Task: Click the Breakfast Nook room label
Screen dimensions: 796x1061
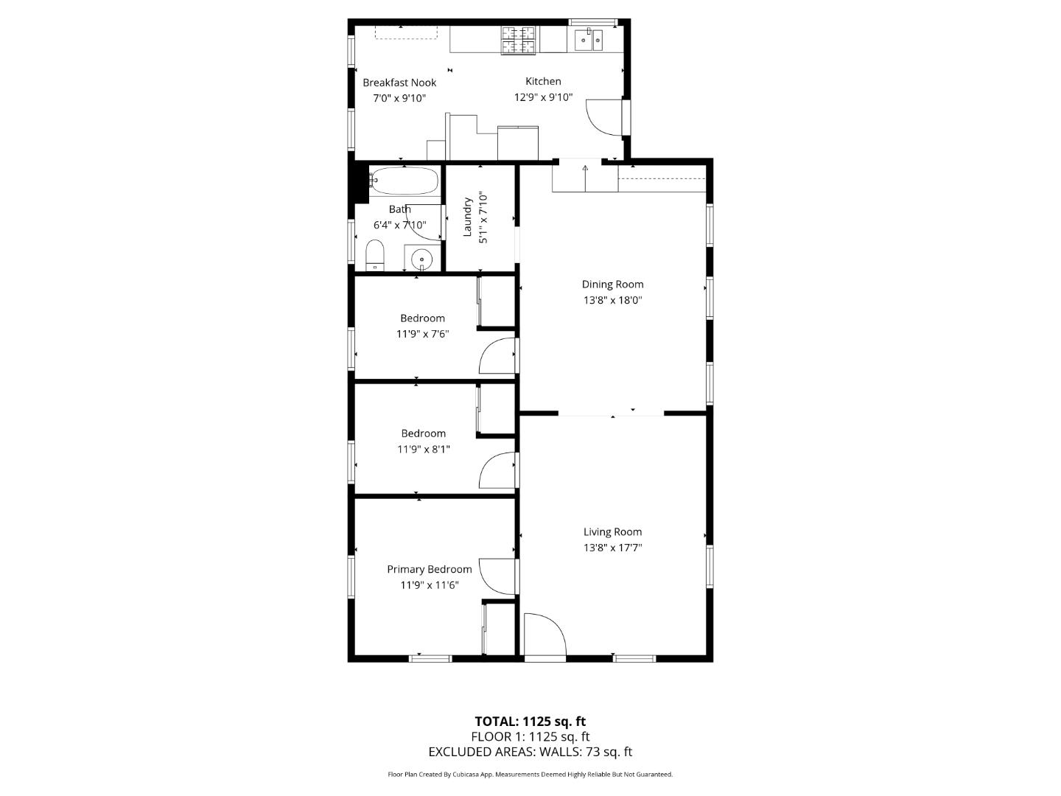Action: coord(399,83)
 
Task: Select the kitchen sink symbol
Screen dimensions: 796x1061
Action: coord(588,39)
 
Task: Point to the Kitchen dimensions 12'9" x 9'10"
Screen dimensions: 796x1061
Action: coord(543,97)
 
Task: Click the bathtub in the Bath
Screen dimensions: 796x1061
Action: coord(404,180)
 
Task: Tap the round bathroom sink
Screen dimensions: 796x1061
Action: coord(421,259)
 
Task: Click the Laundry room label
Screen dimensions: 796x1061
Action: coord(467,217)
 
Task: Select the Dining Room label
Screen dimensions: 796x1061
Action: coord(612,284)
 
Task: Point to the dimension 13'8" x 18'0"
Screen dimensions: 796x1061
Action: coord(612,301)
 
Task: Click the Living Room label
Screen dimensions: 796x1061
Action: coord(612,532)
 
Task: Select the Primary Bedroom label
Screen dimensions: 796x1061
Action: coord(430,570)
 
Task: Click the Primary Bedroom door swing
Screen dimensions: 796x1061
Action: coord(495,574)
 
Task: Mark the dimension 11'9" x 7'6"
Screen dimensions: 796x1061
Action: coord(422,334)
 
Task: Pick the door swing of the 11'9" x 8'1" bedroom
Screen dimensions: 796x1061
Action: coord(496,470)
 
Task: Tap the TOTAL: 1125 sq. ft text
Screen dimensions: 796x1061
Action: coord(530,722)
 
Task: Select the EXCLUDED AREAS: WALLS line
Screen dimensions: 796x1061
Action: coord(530,752)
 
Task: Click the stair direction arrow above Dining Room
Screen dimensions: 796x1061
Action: coord(585,169)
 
